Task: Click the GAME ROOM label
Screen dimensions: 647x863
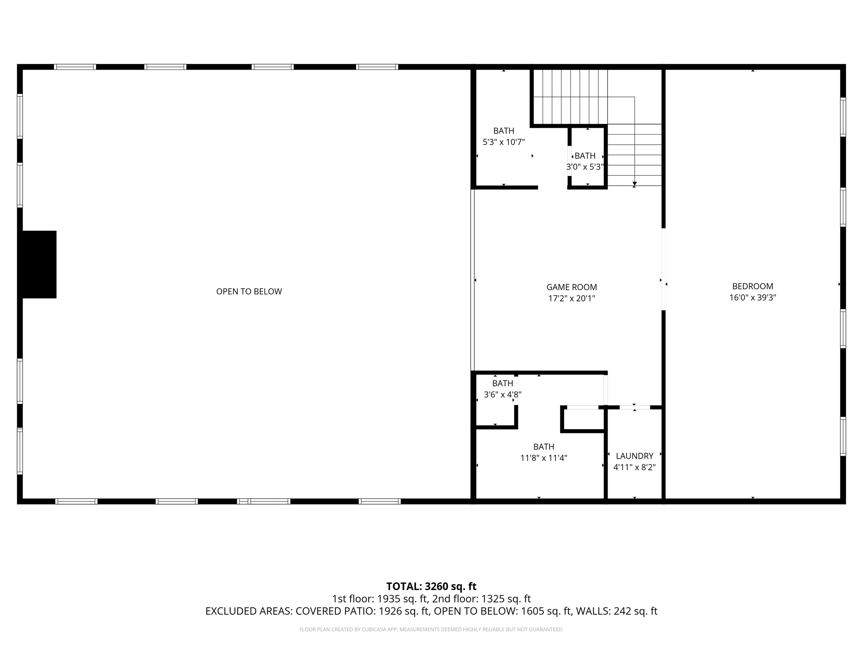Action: click(571, 287)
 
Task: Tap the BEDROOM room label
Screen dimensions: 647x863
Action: click(753, 286)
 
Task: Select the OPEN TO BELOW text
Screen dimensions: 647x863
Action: click(249, 291)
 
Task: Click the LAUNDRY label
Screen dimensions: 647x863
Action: click(634, 456)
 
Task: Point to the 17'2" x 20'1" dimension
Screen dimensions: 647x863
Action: click(571, 299)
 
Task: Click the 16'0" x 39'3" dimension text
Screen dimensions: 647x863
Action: click(753, 298)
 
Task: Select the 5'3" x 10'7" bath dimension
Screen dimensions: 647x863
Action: click(504, 142)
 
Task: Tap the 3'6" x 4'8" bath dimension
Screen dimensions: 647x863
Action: click(502, 395)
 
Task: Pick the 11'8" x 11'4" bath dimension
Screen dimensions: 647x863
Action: click(544, 458)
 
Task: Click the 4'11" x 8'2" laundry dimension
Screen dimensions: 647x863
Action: click(634, 467)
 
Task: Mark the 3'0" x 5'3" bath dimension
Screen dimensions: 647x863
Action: click(585, 167)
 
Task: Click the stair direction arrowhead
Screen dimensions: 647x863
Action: click(635, 184)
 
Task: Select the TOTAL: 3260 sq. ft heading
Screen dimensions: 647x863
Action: click(431, 586)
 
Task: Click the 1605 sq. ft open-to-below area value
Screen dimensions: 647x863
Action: click(547, 611)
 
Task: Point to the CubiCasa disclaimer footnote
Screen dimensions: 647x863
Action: click(431, 630)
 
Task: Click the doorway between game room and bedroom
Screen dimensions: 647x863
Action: click(663, 270)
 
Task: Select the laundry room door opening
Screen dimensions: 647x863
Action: click(635, 407)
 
